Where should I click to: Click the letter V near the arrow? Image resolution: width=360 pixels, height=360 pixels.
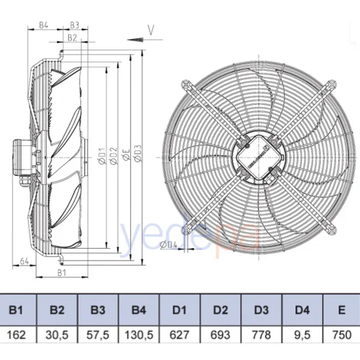[x=151, y=29]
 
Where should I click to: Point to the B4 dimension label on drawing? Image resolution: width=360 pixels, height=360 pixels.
[x=43, y=26]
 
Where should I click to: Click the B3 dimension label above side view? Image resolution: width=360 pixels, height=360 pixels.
[x=74, y=26]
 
